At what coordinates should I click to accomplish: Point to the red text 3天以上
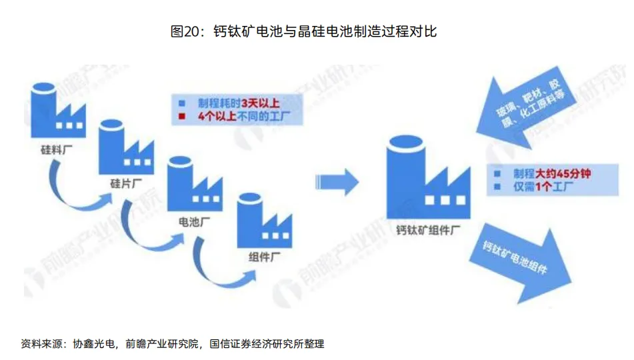point(264,103)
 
